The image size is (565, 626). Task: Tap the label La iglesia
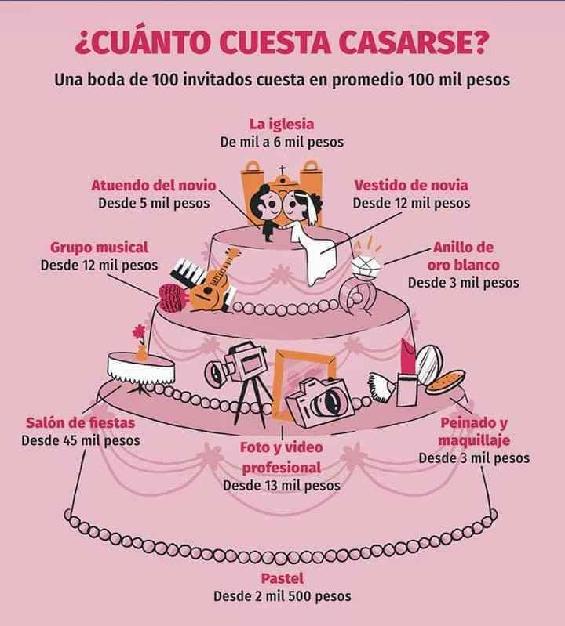[x=282, y=125]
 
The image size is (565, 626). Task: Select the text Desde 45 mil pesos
[x=81, y=440]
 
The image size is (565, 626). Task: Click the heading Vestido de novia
[x=411, y=186]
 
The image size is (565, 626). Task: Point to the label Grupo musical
[x=99, y=248]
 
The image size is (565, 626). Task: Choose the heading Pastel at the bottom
[x=282, y=579]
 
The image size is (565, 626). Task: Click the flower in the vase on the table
[x=140, y=331]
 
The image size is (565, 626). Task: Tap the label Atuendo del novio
[x=154, y=186]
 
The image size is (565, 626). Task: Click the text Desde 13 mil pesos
[x=282, y=485]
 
